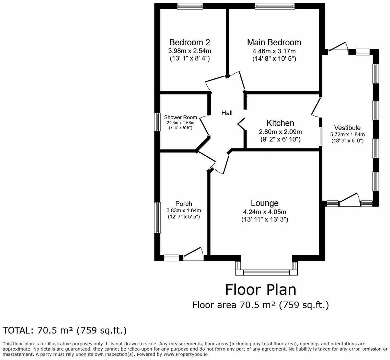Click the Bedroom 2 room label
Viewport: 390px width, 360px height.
click(x=190, y=42)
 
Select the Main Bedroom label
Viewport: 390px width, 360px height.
click(x=274, y=42)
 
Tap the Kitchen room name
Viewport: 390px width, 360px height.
click(x=280, y=123)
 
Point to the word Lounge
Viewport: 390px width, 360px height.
click(x=264, y=203)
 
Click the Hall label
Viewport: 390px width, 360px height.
click(x=227, y=113)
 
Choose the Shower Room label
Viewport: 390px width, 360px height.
click(x=180, y=117)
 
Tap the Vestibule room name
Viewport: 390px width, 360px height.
click(x=348, y=128)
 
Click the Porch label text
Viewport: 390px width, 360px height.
click(x=184, y=204)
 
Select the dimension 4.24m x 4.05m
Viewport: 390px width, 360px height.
click(x=264, y=212)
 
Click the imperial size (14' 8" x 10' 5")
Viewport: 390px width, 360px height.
click(x=274, y=59)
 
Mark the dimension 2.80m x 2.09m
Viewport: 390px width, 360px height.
click(x=280, y=132)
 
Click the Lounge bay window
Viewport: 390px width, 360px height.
click(x=266, y=272)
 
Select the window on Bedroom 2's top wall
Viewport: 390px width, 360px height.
click(x=190, y=6)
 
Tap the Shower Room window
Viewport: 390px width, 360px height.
click(x=157, y=122)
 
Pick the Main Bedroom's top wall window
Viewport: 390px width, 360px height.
click(x=274, y=6)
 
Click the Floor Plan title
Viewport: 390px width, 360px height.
click(x=260, y=290)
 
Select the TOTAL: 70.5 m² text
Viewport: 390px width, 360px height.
click(x=65, y=330)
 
